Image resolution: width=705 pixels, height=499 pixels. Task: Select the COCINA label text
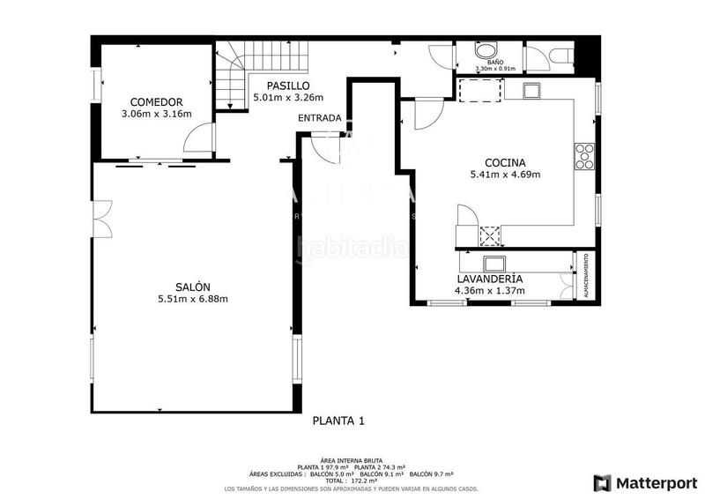pos(505,162)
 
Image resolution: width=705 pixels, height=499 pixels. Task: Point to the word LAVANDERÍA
pos(489,279)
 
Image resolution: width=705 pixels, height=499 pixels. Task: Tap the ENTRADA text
pos(319,118)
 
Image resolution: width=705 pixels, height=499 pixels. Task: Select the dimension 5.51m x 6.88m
pos(192,300)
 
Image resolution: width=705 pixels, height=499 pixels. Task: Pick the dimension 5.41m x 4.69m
pos(505,175)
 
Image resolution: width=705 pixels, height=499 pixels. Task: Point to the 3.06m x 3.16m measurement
pos(156,114)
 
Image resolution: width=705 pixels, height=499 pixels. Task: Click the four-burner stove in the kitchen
pos(584,156)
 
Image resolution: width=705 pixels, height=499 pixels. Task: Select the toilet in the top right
pos(559,56)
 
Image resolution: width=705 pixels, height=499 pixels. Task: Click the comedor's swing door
pos(201,138)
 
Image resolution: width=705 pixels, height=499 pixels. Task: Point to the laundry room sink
pos(493,263)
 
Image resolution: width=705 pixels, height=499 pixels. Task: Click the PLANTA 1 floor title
pos(338,421)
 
